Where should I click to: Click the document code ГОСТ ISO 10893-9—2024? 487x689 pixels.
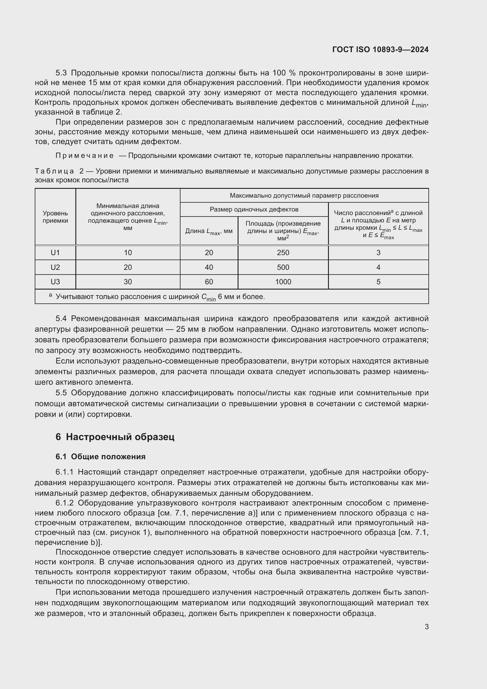[380, 49]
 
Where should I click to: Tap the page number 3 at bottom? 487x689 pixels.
[426, 627]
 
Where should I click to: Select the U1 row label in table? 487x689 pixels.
[55, 253]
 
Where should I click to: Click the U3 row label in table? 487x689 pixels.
[55, 282]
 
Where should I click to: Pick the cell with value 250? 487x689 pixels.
[283, 253]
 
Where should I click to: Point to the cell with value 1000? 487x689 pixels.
[283, 282]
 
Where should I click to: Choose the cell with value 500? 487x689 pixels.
[283, 267]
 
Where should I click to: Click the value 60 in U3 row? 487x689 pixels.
[209, 282]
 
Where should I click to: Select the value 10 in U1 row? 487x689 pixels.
[128, 253]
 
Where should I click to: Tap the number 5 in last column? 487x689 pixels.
[378, 282]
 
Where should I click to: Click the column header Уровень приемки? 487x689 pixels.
[55, 217]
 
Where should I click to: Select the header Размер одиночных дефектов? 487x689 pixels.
[254, 209]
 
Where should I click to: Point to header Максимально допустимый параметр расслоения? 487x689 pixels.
[304, 196]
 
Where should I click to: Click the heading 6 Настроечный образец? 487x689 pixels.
[115, 437]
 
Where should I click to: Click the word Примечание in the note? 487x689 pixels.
[85, 156]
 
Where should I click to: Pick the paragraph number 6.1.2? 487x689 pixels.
[64, 503]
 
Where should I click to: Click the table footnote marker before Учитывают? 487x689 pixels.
[50, 295]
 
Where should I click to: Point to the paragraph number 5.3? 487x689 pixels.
[62, 73]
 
